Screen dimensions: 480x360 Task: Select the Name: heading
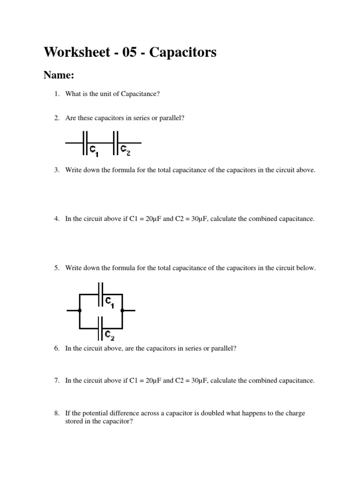click(x=59, y=75)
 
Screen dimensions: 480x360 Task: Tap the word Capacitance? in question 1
click(x=141, y=94)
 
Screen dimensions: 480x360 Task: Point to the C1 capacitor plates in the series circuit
click(x=85, y=142)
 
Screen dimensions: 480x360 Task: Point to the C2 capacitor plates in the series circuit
click(x=115, y=142)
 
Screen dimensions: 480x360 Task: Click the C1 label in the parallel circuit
click(x=109, y=302)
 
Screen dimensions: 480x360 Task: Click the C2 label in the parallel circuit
click(x=109, y=335)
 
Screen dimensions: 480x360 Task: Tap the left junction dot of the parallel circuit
click(x=80, y=310)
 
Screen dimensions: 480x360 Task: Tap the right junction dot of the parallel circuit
click(x=122, y=310)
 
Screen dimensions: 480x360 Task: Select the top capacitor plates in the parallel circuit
click(x=100, y=294)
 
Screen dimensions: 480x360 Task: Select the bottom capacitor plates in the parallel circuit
click(x=100, y=328)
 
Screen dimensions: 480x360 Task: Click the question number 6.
click(x=56, y=349)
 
